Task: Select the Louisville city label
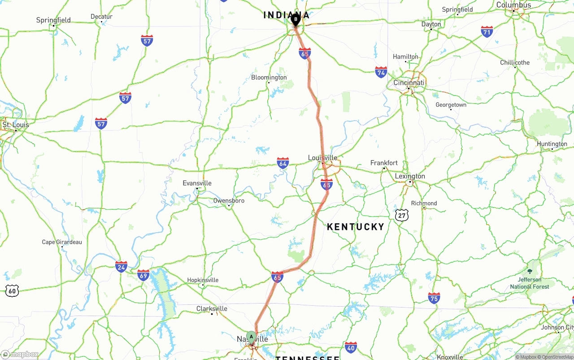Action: [322, 158]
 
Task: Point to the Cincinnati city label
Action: [409, 83]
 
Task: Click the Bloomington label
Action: [269, 78]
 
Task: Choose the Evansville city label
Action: [197, 183]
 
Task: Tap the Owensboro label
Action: [229, 201]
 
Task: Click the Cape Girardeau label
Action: [62, 242]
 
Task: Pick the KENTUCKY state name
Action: [356, 227]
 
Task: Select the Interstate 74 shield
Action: [381, 72]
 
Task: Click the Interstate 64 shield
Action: [283, 163]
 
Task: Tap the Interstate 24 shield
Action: [121, 266]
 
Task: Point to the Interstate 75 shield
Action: [434, 298]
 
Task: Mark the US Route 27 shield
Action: [402, 215]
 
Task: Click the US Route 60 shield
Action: [12, 291]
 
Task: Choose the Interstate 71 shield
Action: [487, 31]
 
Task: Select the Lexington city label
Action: [410, 176]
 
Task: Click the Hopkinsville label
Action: [203, 280]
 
